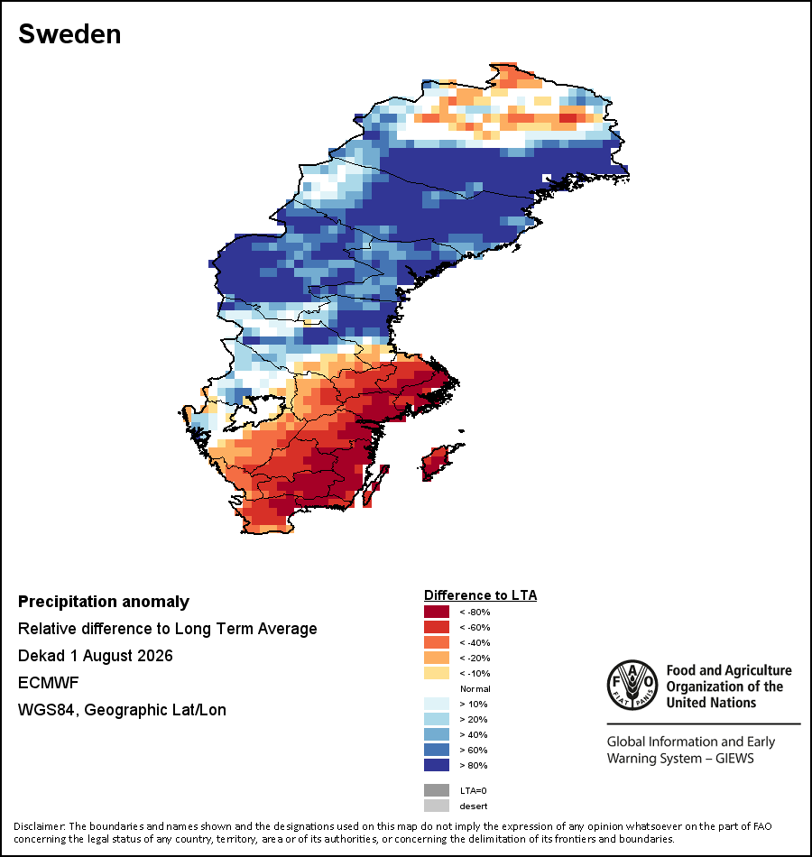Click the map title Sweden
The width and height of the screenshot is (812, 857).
click(69, 34)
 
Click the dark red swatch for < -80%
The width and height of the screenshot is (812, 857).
click(437, 612)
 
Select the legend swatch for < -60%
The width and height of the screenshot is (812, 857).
click(437, 627)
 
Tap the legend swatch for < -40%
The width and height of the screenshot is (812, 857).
click(437, 642)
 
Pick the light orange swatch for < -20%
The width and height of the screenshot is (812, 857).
click(437, 658)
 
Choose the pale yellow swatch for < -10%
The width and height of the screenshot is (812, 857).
click(437, 673)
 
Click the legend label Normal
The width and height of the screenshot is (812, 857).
click(475, 688)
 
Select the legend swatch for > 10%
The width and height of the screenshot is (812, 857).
click(437, 704)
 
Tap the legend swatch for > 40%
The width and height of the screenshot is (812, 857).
click(437, 734)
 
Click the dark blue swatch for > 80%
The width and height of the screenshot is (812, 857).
click(437, 765)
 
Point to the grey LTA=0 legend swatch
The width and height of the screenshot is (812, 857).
click(437, 790)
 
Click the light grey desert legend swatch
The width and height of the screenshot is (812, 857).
click(437, 806)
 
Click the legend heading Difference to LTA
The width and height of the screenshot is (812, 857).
click(480, 595)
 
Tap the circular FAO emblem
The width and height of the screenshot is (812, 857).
click(632, 685)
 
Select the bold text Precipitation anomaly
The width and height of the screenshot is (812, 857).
click(104, 602)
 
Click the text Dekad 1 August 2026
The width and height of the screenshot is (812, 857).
click(95, 655)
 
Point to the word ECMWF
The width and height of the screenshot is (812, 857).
click(48, 683)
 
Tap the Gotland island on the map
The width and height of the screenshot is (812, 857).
click(437, 463)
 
